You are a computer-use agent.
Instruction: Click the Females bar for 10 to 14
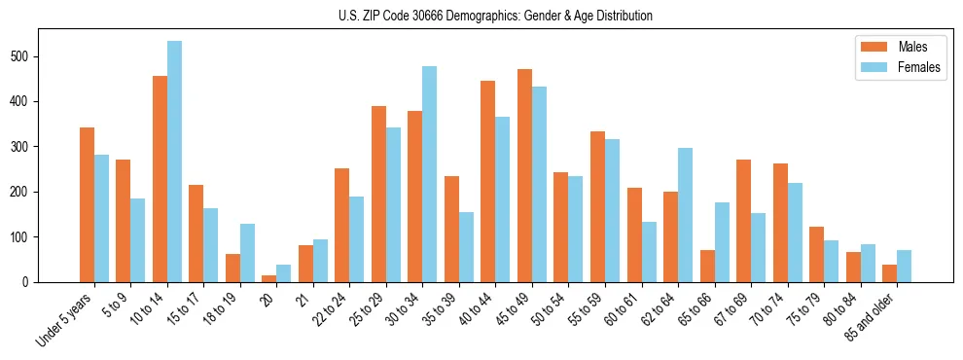tap(174, 162)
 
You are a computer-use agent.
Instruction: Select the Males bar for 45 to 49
tap(524, 175)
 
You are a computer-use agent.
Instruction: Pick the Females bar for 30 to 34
tap(430, 174)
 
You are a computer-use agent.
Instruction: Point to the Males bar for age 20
tap(268, 278)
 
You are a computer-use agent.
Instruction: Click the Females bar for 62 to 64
tap(685, 215)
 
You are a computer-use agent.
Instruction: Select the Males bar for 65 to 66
tap(707, 266)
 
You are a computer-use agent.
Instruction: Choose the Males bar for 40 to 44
tap(488, 181)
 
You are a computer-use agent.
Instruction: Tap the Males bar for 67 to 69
tap(743, 221)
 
